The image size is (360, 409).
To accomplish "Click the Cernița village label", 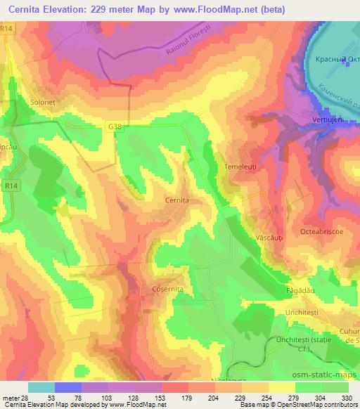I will coord(176,200).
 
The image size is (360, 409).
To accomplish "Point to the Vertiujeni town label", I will coord(328,120).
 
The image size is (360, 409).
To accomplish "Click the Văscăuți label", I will coord(269,239).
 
